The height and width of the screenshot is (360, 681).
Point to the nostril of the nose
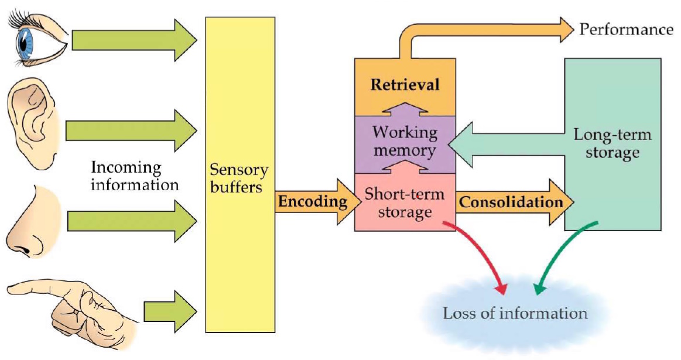(25, 250)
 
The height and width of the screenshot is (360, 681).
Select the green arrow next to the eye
(132, 40)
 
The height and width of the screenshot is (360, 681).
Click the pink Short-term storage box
(405, 203)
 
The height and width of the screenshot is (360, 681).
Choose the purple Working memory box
(405, 142)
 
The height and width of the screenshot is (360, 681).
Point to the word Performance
(626, 29)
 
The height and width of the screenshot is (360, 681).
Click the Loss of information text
(515, 313)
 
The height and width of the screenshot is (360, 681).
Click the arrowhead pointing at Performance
(564, 30)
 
